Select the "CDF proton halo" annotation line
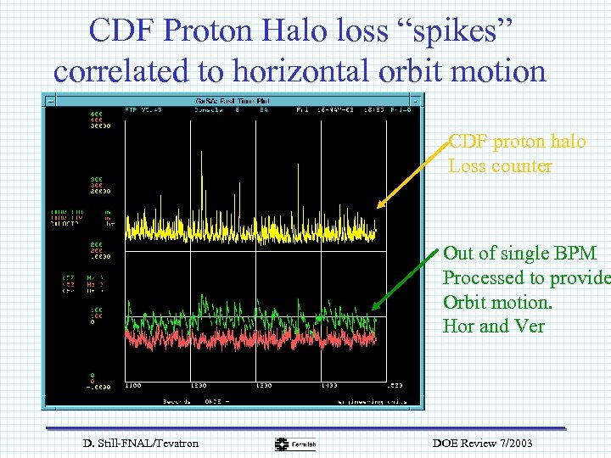pyautogui.click(x=517, y=141)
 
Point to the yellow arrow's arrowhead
pyautogui.click(x=378, y=205)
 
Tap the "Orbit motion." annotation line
pyautogui.click(x=494, y=302)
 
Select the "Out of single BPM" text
pyautogui.click(x=519, y=254)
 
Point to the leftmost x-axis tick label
pyautogui.click(x=133, y=387)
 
